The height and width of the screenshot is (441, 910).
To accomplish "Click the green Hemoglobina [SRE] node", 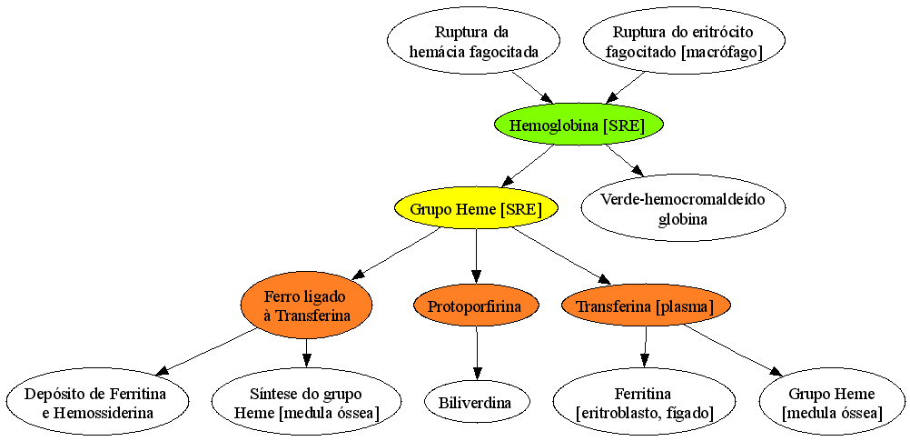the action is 578,125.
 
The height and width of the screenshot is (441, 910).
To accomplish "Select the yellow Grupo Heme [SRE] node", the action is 476,209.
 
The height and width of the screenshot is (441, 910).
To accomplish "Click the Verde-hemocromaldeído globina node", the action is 683,208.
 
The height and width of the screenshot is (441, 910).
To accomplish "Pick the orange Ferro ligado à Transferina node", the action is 305,306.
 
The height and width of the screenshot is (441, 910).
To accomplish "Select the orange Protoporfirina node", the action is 477,306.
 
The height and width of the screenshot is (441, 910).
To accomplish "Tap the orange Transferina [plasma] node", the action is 647,306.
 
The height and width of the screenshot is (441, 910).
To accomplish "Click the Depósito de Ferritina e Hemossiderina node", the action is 95,403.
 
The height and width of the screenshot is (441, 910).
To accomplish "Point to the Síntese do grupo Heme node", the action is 306,403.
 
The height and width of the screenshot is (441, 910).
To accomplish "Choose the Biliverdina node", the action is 477,403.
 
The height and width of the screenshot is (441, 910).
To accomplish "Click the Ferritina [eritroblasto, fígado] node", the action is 645,403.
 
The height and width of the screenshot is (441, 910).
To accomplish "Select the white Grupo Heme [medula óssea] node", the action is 832,403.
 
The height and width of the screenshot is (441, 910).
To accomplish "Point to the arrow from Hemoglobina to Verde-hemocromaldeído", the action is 626,159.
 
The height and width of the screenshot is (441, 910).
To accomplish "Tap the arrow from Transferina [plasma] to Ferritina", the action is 645,347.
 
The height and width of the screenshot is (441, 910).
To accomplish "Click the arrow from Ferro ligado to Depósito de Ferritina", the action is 206,351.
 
